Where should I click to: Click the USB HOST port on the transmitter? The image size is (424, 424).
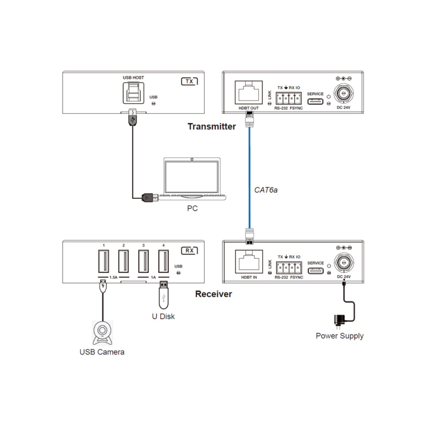[x=133, y=93]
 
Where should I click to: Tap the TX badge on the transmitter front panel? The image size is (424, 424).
[x=189, y=81]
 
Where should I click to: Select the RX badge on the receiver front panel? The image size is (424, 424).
[x=189, y=251]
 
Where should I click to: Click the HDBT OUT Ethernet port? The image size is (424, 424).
[x=249, y=92]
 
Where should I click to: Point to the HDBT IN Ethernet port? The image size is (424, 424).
[x=249, y=262]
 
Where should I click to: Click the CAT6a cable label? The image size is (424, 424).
[x=266, y=190]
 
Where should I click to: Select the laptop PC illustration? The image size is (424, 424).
[x=192, y=179]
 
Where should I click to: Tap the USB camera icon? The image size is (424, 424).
[x=102, y=333]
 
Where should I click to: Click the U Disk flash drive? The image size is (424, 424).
[x=164, y=295]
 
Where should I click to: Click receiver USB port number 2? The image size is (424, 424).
[x=124, y=261]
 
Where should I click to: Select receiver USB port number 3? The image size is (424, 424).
[x=143, y=261]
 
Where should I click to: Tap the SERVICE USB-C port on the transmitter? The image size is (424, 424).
[x=315, y=101]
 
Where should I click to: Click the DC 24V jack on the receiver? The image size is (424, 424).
[x=344, y=262]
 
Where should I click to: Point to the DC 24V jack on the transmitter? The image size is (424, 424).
[x=344, y=93]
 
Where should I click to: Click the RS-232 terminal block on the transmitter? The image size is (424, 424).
[x=289, y=98]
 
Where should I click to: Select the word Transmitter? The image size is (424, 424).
[x=212, y=127]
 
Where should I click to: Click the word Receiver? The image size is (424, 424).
[x=213, y=294]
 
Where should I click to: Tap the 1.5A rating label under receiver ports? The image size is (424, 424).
[x=113, y=278]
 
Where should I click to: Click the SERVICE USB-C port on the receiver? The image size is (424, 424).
[x=316, y=271]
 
